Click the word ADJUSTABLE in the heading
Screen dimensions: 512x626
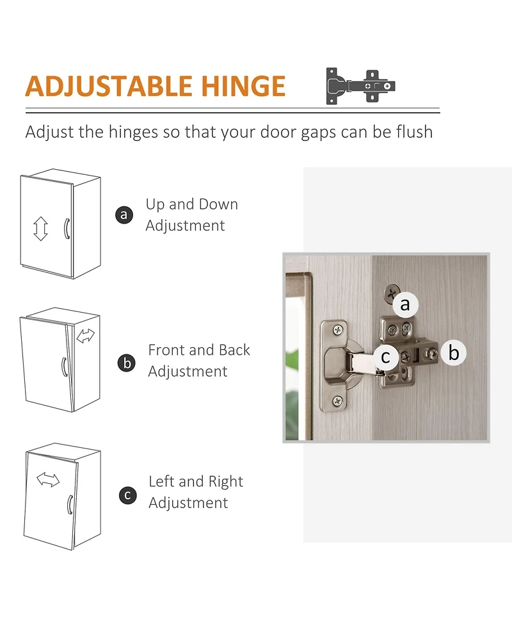click(x=108, y=86)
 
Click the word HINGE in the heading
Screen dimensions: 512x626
click(x=243, y=86)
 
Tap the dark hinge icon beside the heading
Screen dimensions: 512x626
click(x=360, y=86)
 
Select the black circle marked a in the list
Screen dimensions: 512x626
click(x=124, y=215)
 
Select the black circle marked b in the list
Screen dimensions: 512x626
click(x=127, y=363)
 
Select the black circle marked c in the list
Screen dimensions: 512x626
click(x=127, y=495)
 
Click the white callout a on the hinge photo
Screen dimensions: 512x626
click(x=405, y=304)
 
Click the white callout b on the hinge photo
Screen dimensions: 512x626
click(x=453, y=353)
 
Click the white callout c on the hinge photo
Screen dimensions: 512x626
click(x=385, y=356)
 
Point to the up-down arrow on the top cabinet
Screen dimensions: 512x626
click(x=40, y=229)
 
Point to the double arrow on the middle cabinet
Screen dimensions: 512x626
click(x=86, y=336)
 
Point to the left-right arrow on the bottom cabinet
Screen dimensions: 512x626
click(x=48, y=479)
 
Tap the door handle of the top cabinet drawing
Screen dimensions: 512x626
click(x=67, y=229)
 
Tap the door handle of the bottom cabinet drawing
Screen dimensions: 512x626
click(x=70, y=505)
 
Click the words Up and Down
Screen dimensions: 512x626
click(x=192, y=204)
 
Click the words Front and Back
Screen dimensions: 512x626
click(x=199, y=350)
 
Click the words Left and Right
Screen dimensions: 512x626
click(x=196, y=481)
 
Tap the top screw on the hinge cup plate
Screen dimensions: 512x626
click(x=338, y=330)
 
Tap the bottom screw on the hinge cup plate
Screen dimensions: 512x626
click(x=338, y=400)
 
